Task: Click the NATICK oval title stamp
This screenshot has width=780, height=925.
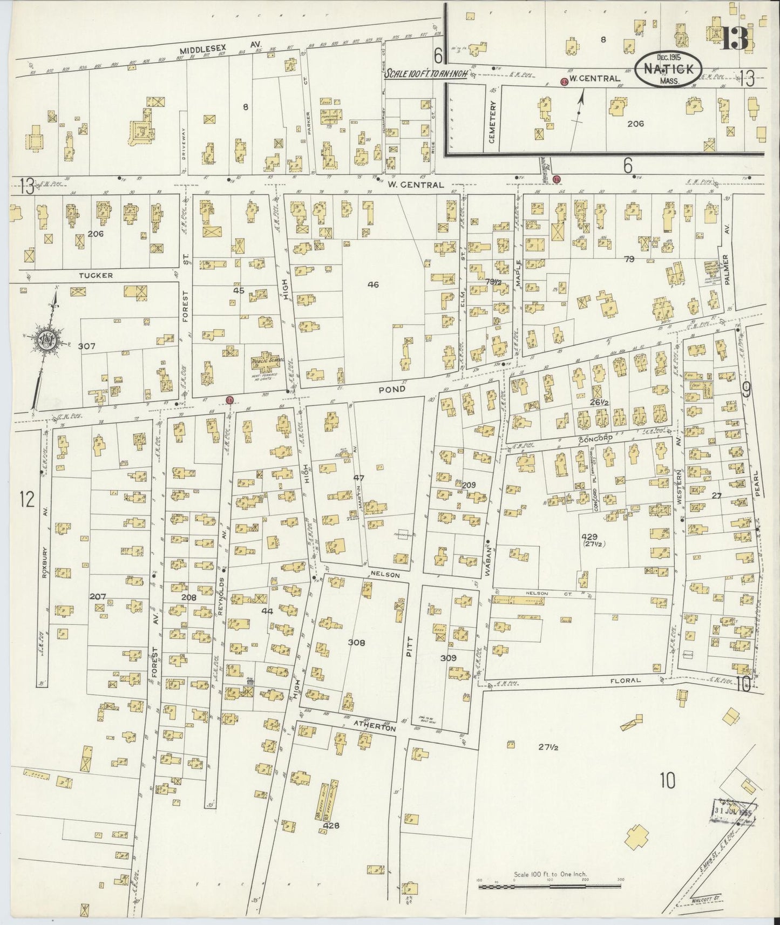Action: (x=669, y=69)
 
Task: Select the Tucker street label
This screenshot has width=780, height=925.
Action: (x=96, y=275)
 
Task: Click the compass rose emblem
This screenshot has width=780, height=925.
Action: (x=45, y=341)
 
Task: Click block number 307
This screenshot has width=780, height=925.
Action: (x=86, y=346)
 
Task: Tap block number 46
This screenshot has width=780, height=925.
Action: (x=373, y=284)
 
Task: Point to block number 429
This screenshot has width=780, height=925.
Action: (x=589, y=536)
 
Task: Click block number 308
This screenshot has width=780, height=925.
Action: (x=357, y=643)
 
